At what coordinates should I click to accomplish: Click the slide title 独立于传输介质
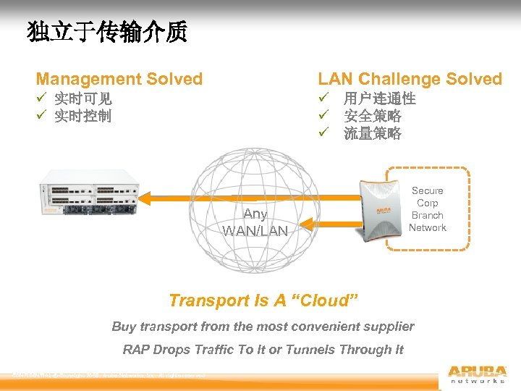107,33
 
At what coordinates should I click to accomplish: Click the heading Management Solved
119,79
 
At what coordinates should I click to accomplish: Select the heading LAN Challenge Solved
410,79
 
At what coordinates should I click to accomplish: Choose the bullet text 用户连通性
379,98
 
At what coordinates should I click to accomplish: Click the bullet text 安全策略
372,116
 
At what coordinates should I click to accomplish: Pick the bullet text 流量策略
372,133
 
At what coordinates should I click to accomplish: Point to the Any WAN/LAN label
255,222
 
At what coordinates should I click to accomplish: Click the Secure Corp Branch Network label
428,209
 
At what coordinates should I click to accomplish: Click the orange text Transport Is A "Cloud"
263,300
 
